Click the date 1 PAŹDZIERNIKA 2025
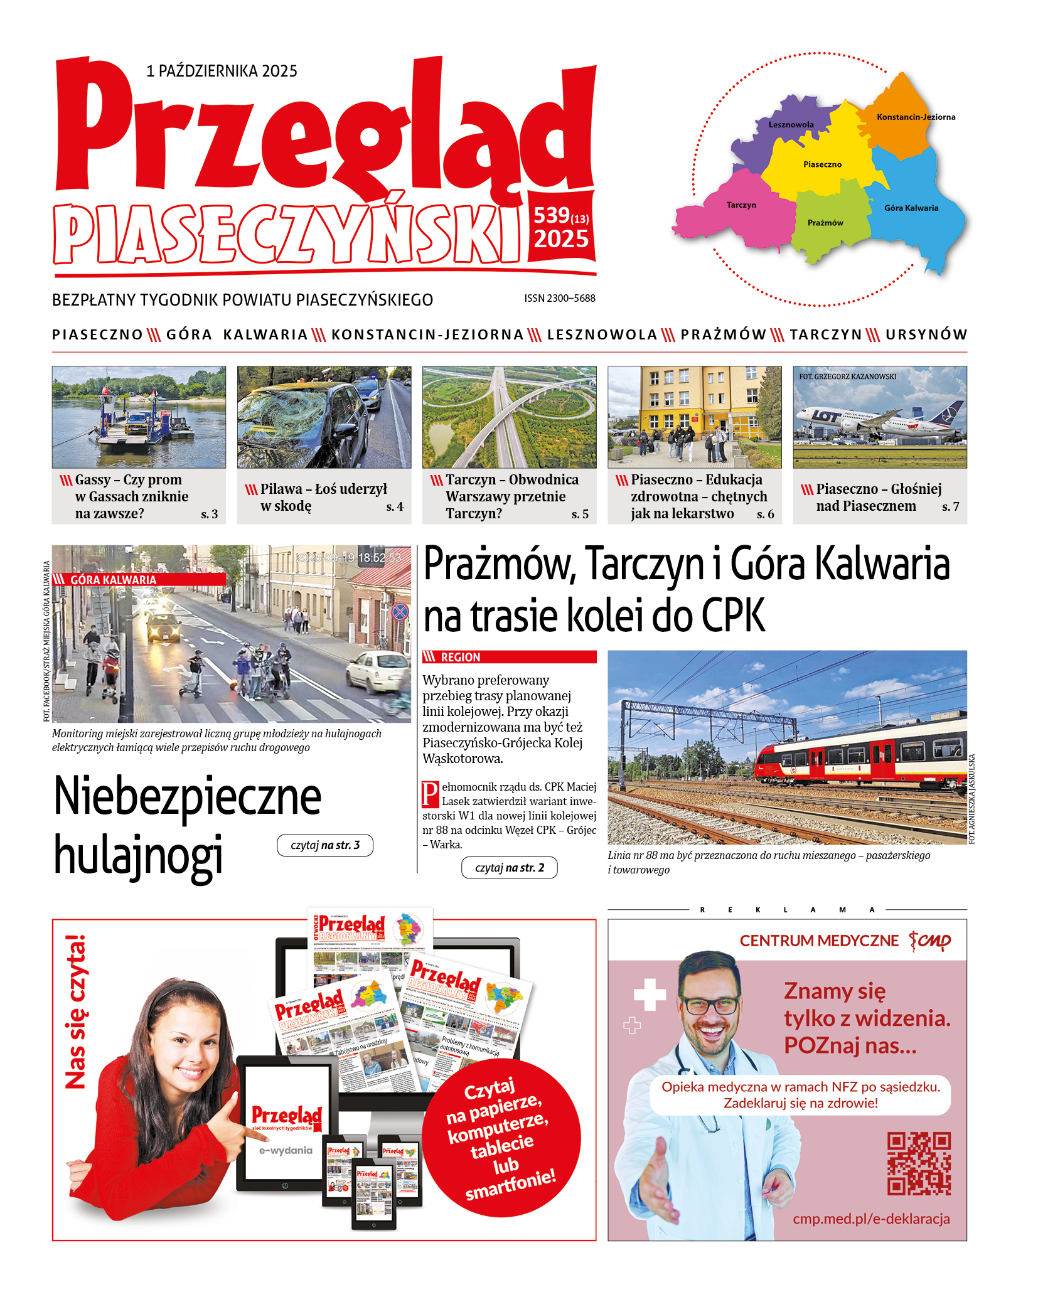[222, 71]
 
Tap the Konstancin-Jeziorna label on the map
[916, 117]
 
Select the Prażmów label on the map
[825, 223]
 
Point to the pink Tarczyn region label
[741, 205]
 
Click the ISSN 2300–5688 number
[560, 298]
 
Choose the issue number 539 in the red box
[552, 216]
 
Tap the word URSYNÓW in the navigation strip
[926, 334]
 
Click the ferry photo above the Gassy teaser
[139, 417]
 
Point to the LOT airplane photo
[879, 417]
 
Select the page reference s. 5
[580, 515]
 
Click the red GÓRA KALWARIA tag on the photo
[113, 580]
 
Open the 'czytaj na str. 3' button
[325, 845]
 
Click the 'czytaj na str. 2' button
[509, 868]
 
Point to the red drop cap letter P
[431, 794]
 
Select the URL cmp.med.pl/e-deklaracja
[871, 1219]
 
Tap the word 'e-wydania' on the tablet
[286, 1150]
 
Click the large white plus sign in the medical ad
[650, 995]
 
